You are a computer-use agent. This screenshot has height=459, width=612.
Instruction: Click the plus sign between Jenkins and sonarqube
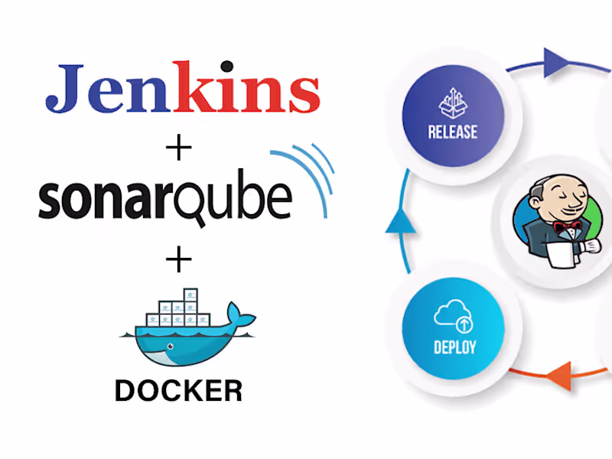pos(178,148)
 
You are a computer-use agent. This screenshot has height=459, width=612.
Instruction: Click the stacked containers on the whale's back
pos(177,308)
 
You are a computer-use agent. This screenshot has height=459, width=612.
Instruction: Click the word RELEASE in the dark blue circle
pos(454,132)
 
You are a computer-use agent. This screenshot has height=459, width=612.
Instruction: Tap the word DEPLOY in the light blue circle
pos(454,347)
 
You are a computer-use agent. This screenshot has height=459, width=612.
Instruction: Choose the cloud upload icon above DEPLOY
pos(453,316)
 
